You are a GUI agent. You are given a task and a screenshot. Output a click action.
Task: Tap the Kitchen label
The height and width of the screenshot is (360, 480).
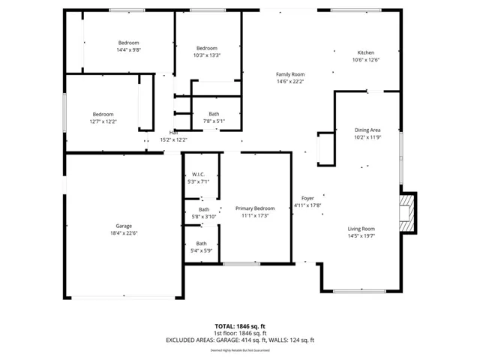[x=366, y=52]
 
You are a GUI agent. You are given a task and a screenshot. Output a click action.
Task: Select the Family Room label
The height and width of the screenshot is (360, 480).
[x=290, y=74]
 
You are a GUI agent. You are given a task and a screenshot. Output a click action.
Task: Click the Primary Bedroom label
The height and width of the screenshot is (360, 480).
[x=255, y=208]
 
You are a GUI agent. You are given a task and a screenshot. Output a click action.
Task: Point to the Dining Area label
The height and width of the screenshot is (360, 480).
[x=367, y=130]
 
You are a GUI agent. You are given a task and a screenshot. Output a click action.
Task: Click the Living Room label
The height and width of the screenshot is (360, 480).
[x=361, y=229]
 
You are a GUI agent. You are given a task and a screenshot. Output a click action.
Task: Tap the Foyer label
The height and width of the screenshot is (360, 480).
[x=307, y=198]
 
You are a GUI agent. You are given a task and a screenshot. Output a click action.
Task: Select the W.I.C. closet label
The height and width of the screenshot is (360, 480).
[x=199, y=174]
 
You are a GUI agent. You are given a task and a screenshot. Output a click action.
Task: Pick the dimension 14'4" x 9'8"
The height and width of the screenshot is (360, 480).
[x=128, y=50]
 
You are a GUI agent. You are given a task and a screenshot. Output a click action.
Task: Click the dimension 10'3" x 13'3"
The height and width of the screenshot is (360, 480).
[x=206, y=55]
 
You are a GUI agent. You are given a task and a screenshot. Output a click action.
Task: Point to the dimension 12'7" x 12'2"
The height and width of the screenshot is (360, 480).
[x=103, y=121]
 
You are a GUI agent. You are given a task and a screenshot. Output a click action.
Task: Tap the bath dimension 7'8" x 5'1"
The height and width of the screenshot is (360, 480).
[x=214, y=121]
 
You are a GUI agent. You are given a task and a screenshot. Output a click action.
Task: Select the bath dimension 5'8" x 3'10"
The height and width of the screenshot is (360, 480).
[x=204, y=217]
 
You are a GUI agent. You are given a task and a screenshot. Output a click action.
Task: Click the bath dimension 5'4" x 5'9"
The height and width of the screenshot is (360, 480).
[x=202, y=250]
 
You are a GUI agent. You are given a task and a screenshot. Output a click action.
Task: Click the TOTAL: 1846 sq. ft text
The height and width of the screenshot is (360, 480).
[x=240, y=326]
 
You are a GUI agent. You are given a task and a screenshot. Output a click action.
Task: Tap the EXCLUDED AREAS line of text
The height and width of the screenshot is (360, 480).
[x=240, y=340]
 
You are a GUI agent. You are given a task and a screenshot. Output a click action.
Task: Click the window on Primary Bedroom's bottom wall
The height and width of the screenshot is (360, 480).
[x=242, y=263]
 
